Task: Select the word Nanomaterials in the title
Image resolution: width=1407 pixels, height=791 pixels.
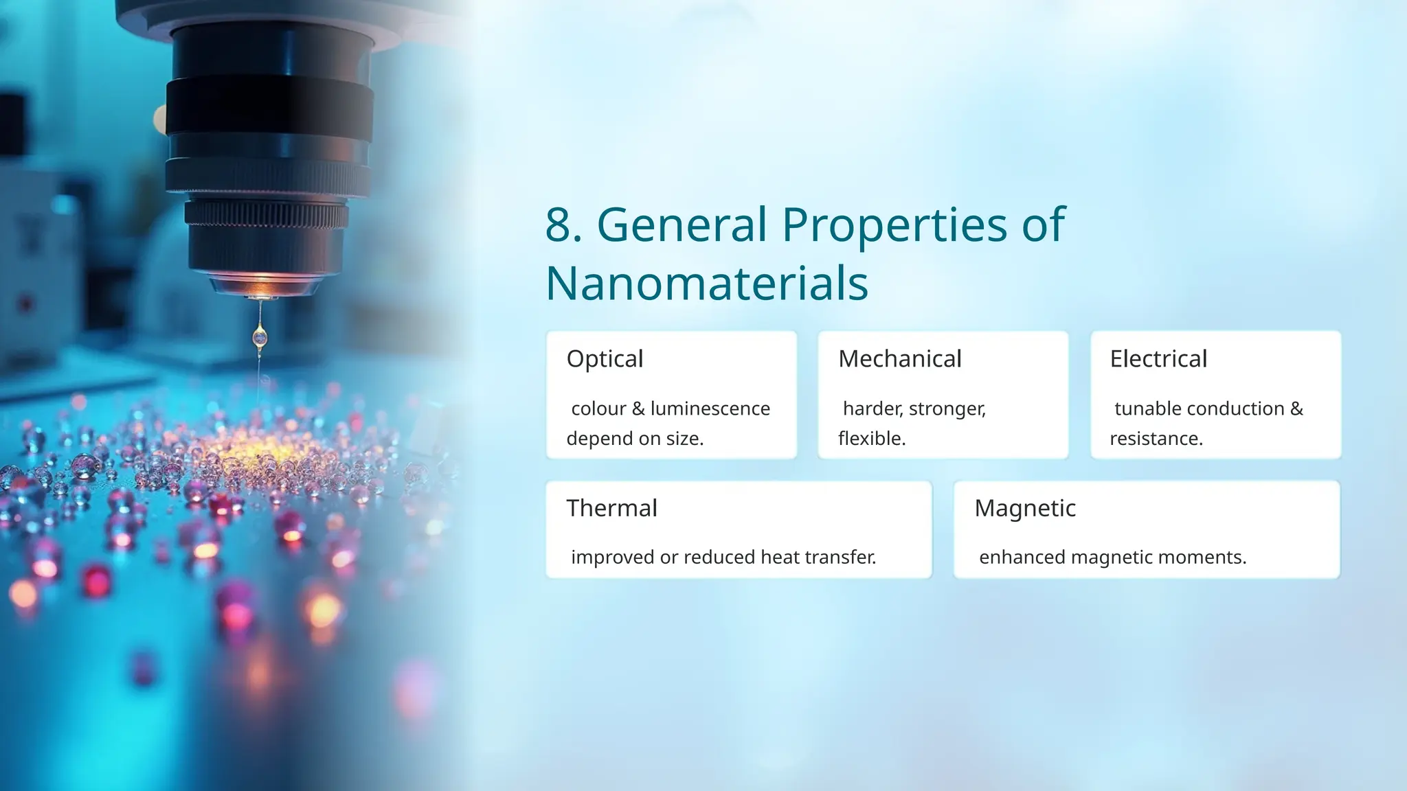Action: click(x=707, y=284)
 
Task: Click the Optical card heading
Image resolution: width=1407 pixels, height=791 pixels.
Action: click(x=605, y=358)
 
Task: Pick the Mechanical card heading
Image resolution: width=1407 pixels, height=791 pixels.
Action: click(x=899, y=358)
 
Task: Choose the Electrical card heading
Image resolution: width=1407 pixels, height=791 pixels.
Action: click(x=1158, y=358)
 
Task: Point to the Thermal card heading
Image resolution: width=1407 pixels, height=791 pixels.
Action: click(x=611, y=508)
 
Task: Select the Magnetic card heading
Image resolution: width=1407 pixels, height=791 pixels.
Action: click(x=1025, y=508)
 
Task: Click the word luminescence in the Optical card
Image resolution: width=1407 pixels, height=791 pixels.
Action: click(x=710, y=409)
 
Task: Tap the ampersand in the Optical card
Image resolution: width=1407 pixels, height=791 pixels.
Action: click(x=638, y=409)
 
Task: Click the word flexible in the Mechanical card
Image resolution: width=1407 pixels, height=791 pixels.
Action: click(x=871, y=438)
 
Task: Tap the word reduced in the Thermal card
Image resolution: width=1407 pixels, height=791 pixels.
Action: click(x=719, y=557)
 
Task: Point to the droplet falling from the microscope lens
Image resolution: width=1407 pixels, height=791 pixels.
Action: click(x=260, y=336)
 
